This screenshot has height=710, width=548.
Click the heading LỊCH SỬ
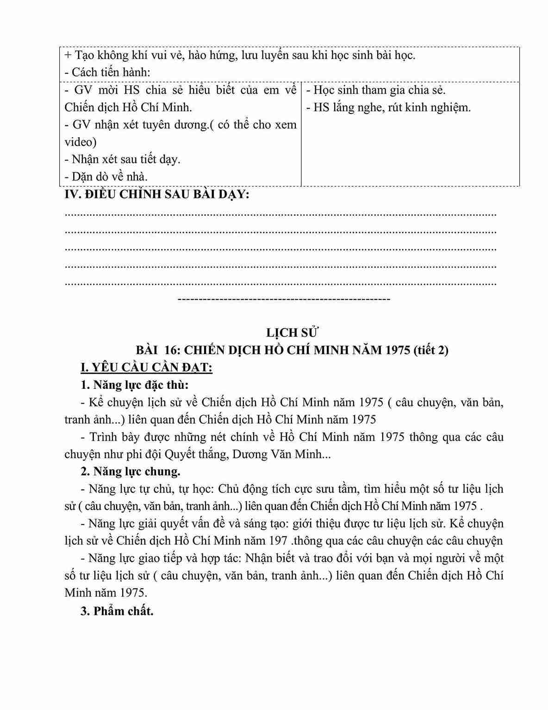[293, 333]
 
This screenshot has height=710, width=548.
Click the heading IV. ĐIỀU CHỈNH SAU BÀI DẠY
[156, 195]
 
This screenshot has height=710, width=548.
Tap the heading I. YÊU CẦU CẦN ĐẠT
[146, 368]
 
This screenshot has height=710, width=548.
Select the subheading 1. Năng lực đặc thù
[134, 385]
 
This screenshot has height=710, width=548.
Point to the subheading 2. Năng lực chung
[130, 472]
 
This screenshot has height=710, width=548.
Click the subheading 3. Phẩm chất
[117, 611]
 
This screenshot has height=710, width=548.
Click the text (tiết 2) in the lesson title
[431, 350]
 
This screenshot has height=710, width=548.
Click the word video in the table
[80, 142]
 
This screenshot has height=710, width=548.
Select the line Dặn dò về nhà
[106, 177]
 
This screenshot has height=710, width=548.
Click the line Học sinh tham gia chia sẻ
[375, 90]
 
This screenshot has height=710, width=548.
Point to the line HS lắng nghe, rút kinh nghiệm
[388, 108]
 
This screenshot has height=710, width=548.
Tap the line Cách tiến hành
[107, 72]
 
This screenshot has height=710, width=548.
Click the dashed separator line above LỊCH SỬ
[284, 299]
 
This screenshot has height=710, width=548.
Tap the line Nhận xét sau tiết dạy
[122, 159]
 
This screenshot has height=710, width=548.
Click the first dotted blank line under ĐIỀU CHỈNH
[280, 215]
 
